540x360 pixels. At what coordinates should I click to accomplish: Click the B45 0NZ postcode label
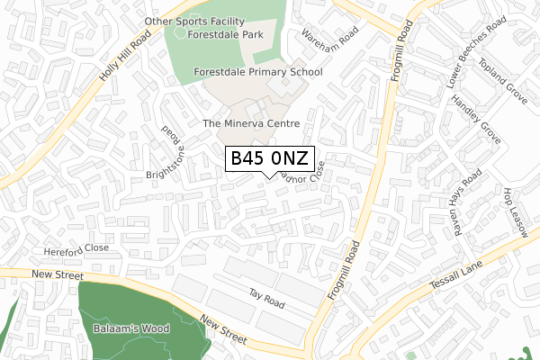[270, 159]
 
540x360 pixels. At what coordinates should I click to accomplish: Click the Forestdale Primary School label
[257, 70]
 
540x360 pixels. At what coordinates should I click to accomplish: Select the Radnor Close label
[301, 176]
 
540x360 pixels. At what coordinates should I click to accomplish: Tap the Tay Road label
[267, 300]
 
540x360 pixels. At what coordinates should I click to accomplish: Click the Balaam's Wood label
[131, 329]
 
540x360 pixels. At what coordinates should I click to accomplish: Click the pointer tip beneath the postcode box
[270, 177]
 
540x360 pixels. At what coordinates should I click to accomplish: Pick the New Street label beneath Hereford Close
[56, 274]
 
